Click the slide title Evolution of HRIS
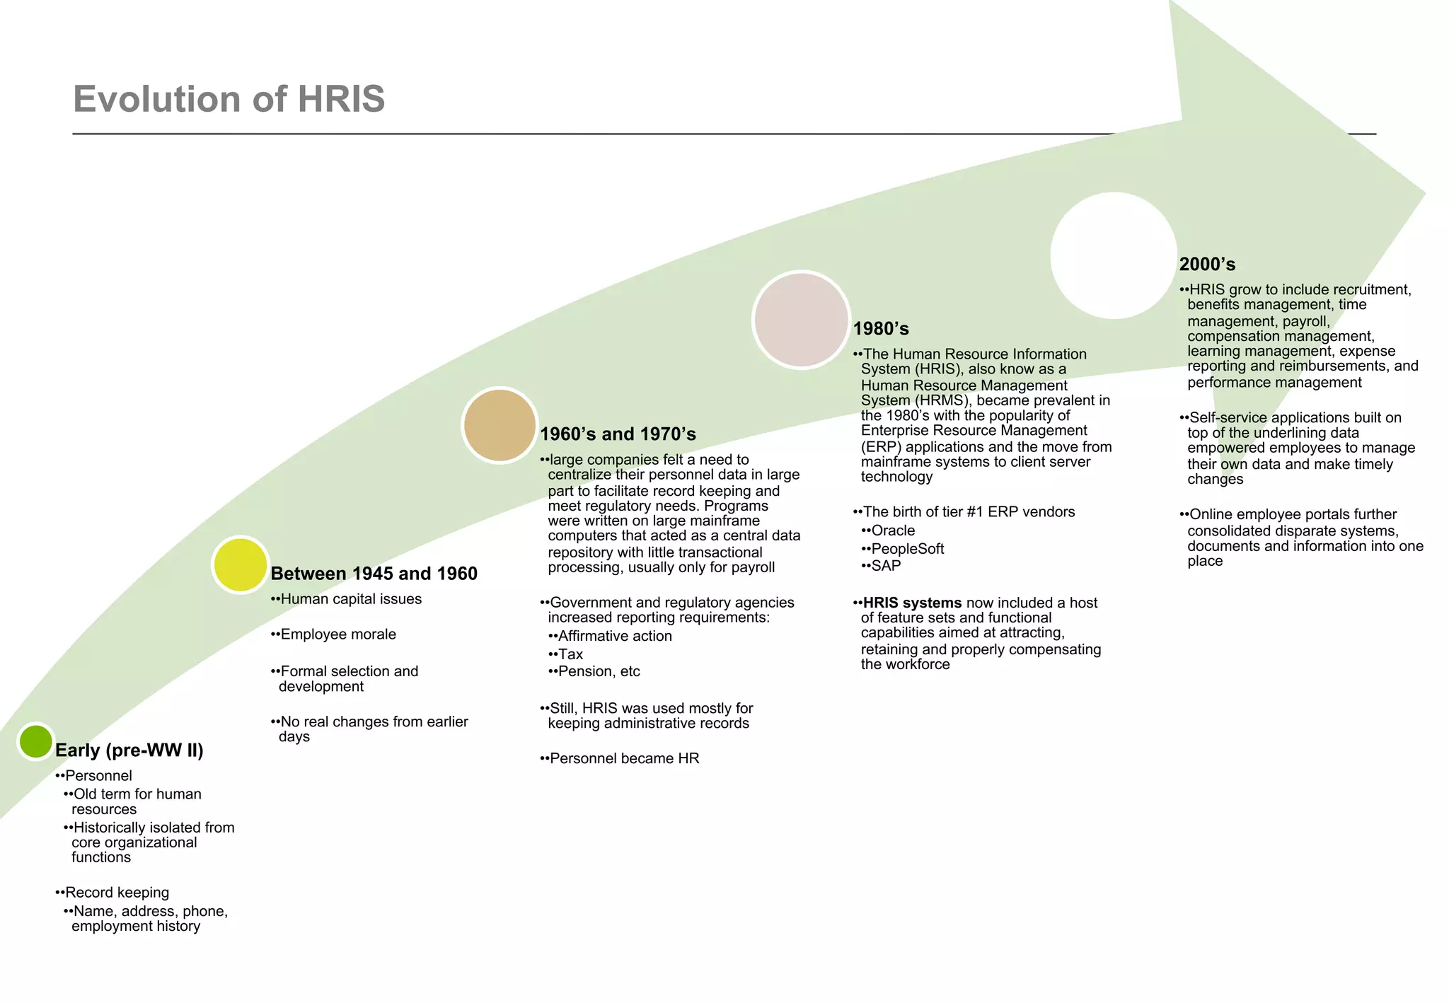click(x=229, y=99)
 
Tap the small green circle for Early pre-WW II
click(x=35, y=741)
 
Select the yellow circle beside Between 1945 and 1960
click(x=241, y=564)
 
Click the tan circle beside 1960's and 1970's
click(x=500, y=425)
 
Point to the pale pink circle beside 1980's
click(x=801, y=320)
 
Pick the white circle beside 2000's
click(x=1114, y=255)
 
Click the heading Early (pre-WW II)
click(x=129, y=750)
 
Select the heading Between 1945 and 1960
click(x=374, y=574)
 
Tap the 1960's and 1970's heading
click(x=618, y=434)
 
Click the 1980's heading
click(x=881, y=329)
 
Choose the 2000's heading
click(x=1207, y=265)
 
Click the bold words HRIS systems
click(x=911, y=603)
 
